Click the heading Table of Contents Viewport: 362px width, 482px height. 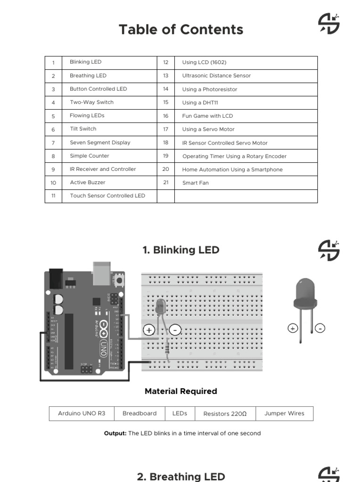point(181,30)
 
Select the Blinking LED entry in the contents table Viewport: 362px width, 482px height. point(85,62)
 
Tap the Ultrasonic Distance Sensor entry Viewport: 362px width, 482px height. point(216,76)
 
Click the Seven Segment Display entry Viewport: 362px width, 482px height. point(100,143)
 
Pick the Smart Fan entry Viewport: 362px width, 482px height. point(195,183)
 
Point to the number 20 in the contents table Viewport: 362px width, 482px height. point(165,169)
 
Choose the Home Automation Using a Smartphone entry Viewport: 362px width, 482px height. point(232,169)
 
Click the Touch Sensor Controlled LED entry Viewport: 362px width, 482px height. point(107,196)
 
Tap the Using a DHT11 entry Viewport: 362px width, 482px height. point(200,103)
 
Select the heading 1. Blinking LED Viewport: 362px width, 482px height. point(181,250)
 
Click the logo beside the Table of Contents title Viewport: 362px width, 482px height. point(329,24)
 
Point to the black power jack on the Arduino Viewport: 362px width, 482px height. point(56,279)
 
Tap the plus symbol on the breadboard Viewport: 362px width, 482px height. point(149,330)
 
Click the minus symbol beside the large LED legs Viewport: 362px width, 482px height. point(320,329)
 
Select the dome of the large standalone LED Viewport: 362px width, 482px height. point(305,289)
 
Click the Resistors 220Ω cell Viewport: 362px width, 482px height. point(225,414)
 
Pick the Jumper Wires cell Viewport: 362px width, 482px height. point(284,414)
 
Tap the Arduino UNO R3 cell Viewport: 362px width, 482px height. point(82,414)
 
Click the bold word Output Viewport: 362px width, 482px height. point(115,434)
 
